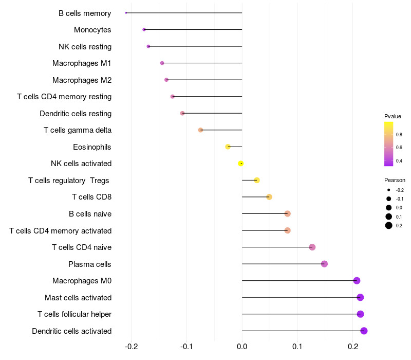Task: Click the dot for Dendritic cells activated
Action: click(x=364, y=331)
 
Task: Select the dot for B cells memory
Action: click(x=126, y=13)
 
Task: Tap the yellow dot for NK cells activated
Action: click(x=241, y=164)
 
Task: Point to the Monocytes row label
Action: click(x=92, y=30)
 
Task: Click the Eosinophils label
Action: click(x=92, y=147)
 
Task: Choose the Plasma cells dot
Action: click(x=324, y=264)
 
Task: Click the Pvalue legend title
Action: click(x=393, y=116)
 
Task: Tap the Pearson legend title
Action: click(x=395, y=180)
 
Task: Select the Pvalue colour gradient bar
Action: click(x=389, y=144)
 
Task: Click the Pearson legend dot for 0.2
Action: click(x=389, y=225)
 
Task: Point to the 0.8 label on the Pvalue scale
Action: click(x=399, y=134)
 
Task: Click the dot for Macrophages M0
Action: click(x=357, y=280)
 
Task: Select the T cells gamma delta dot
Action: click(x=200, y=130)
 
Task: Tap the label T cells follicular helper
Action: click(x=74, y=314)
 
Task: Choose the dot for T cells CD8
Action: click(x=269, y=197)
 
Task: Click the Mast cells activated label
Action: click(x=78, y=298)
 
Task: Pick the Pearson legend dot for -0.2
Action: click(x=389, y=190)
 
